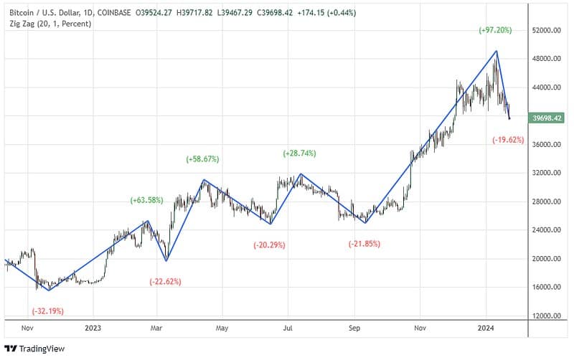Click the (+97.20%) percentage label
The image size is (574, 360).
click(495, 30)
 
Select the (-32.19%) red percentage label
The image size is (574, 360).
click(48, 311)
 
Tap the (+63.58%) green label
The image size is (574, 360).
click(147, 200)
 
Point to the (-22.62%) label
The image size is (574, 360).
click(166, 281)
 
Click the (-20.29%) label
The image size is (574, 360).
click(269, 245)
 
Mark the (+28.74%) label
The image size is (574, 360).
click(299, 153)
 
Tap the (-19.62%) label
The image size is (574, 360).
click(508, 139)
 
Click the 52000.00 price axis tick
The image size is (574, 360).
click(546, 31)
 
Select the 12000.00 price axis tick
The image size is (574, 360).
click(546, 316)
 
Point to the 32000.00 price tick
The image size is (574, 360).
click(546, 174)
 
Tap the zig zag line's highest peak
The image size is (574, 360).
click(496, 51)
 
